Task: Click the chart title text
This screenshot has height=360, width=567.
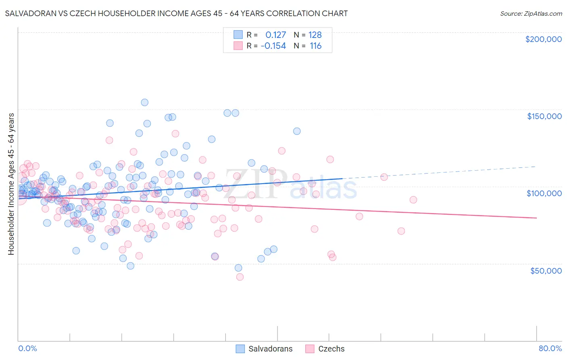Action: tap(176, 13)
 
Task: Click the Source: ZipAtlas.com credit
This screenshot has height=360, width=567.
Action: tap(531, 13)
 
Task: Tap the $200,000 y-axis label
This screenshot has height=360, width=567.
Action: tap(543, 39)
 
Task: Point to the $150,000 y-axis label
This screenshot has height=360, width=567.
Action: tap(544, 116)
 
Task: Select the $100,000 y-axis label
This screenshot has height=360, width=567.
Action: tap(544, 193)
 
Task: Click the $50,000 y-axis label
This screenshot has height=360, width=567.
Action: tap(546, 271)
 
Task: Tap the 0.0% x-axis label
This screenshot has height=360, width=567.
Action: tap(27, 348)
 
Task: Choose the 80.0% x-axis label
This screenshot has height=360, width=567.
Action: tap(550, 348)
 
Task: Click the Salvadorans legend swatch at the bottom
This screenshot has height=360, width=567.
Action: tap(240, 349)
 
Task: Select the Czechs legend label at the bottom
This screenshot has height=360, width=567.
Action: tap(331, 349)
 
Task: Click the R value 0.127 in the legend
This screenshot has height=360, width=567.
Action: tap(275, 35)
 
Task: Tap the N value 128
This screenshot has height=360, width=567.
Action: tap(315, 35)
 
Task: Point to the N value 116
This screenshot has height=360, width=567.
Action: tap(315, 46)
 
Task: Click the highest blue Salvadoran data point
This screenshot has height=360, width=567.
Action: tap(144, 103)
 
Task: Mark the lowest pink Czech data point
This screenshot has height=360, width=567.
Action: tap(240, 277)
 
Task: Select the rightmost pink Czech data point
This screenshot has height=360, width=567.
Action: tap(413, 200)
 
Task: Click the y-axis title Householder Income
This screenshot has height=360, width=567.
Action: tap(11, 184)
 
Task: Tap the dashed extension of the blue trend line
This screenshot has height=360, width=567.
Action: tap(440, 172)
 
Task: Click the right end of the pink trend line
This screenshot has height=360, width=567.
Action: tap(536, 218)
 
